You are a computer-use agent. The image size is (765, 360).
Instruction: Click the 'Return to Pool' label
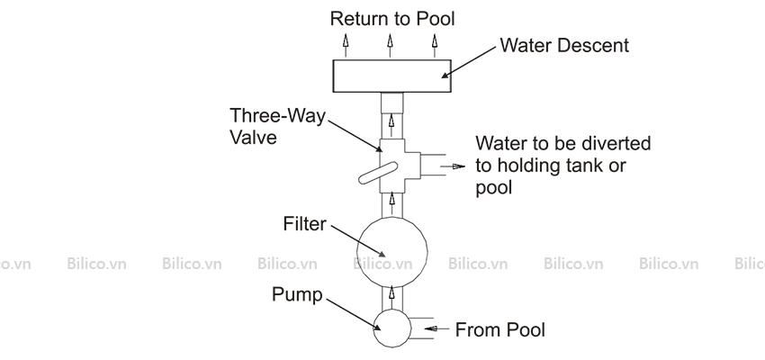pos(392,19)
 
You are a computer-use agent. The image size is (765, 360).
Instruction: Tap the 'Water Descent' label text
pos(564,45)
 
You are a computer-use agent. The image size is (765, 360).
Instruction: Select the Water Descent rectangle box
pos(391,76)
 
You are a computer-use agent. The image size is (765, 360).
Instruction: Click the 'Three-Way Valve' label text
pos(277,126)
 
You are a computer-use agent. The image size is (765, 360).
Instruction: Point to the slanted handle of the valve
pos(378,173)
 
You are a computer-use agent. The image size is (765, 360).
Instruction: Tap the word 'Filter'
pos(304,224)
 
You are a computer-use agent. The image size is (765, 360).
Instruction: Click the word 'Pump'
pos(297,295)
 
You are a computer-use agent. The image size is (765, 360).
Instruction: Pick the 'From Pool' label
pos(500,329)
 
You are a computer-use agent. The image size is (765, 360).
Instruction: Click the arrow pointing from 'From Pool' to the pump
pos(436,328)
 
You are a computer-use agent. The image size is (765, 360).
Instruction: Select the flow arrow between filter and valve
pos(391,204)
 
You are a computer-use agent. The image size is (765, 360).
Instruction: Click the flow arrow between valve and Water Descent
pos(391,125)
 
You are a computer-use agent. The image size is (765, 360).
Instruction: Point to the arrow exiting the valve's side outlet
pos(453,166)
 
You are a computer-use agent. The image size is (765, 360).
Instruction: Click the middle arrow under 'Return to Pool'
pos(390,46)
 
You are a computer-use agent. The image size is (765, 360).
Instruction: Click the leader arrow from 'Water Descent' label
pos(468,61)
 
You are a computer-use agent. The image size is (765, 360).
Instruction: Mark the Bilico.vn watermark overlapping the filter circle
pos(383,264)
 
